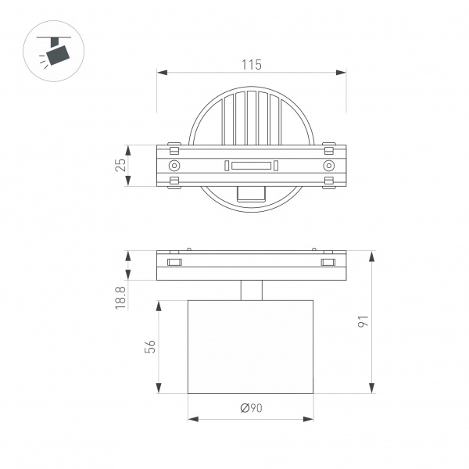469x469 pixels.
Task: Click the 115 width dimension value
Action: point(252,64)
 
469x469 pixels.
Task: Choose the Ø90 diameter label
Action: point(252,408)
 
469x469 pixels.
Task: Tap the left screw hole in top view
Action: point(174,166)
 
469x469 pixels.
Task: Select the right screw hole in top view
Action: point(329,166)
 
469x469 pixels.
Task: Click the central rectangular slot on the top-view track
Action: point(251,166)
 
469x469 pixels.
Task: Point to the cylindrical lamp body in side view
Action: point(251,347)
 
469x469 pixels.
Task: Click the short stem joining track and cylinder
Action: point(251,291)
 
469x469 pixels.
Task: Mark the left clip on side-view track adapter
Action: point(174,262)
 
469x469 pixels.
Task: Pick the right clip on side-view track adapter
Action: point(328,262)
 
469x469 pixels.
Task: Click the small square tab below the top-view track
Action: point(251,194)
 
